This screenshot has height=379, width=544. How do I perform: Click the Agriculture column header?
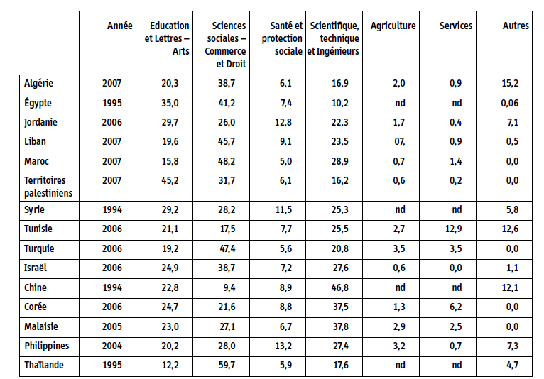[x=393, y=26]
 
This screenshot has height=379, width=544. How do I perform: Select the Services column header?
[x=456, y=26]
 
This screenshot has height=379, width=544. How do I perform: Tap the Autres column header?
[x=516, y=26]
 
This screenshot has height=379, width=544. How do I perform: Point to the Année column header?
[x=120, y=26]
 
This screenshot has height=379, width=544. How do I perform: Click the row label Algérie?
[x=38, y=83]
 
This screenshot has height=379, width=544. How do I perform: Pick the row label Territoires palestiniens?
[x=48, y=187]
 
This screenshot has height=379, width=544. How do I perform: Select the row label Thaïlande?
[x=44, y=365]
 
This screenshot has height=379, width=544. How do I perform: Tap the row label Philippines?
[x=46, y=346]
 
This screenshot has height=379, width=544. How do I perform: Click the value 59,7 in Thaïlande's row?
[x=227, y=365]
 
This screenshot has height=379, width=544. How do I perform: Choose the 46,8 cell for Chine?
[x=340, y=287]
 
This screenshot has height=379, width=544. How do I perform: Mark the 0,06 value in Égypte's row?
[x=510, y=103]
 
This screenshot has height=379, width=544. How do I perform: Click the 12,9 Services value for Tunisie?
[x=453, y=229]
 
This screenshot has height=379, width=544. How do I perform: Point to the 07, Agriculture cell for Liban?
[x=399, y=141]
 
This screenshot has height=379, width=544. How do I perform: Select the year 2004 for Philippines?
[x=111, y=346]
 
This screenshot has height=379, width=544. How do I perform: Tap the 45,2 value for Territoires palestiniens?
[x=170, y=181]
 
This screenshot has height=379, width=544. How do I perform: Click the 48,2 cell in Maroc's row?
[x=227, y=161]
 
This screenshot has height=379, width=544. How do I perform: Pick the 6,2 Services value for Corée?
[x=455, y=307]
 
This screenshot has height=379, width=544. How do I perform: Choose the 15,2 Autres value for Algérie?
[x=510, y=83]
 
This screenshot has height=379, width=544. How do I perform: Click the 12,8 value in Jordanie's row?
[x=283, y=122]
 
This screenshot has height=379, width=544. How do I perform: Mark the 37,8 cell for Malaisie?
[x=340, y=326]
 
